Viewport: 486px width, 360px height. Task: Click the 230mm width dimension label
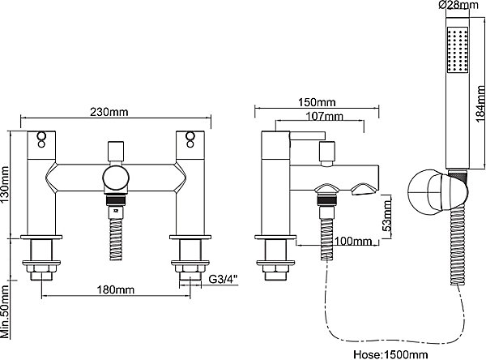(x=109, y=112)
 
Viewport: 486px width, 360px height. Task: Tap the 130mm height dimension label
(x=6, y=184)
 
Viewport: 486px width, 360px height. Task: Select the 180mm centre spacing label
(x=116, y=289)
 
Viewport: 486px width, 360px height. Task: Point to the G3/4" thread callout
(x=224, y=279)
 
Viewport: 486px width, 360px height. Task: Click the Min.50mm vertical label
(x=5, y=311)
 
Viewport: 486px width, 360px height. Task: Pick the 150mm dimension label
(x=317, y=102)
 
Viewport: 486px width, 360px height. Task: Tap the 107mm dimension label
(x=325, y=117)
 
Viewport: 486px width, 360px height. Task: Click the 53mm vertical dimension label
(x=386, y=216)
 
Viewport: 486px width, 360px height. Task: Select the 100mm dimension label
(x=353, y=241)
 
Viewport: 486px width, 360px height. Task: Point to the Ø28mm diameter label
(x=458, y=5)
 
